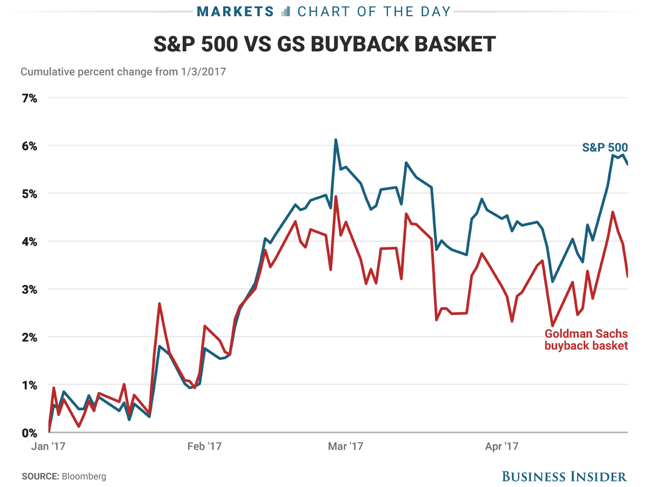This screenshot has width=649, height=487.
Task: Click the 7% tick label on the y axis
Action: coord(29,98)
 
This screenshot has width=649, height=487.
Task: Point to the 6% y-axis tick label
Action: coord(29,146)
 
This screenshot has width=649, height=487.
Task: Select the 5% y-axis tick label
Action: coord(29,194)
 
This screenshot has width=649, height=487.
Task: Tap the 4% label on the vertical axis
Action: coord(29,241)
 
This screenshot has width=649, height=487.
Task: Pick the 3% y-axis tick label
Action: coord(29,289)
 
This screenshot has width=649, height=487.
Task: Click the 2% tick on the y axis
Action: coord(29,337)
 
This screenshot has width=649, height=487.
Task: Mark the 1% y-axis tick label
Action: coord(29,385)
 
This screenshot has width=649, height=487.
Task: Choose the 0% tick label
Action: coord(29,433)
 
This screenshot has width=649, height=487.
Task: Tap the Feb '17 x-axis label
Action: coord(205,446)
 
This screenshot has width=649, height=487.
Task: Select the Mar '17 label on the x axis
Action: coord(346,446)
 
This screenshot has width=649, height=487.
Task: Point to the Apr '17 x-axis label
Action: coord(501,446)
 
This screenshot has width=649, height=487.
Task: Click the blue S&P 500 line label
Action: coord(605,147)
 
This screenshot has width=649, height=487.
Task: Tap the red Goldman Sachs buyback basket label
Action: coord(586,339)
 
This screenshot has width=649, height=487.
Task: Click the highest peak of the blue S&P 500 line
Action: coord(336,140)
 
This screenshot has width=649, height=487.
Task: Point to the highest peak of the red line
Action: coord(336,196)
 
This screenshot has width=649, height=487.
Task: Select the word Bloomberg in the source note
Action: coord(84,477)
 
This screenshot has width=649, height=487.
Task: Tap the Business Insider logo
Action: coord(564,477)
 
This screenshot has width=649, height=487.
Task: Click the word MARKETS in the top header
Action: coord(235,11)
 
